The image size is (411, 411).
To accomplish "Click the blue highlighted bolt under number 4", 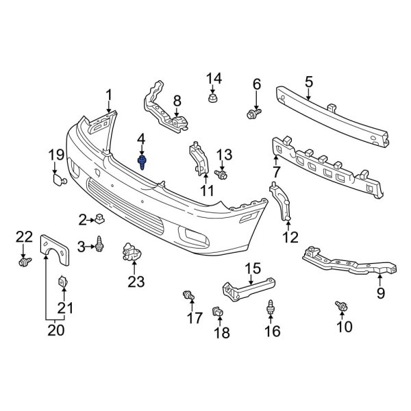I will (x=142, y=162).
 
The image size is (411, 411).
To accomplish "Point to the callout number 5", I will (x=308, y=82).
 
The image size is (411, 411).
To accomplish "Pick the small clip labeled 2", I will (x=99, y=219).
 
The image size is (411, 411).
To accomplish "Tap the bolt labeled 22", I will (x=25, y=261).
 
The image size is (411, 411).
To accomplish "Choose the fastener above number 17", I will (x=187, y=295).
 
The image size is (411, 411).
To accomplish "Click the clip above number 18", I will (x=218, y=312).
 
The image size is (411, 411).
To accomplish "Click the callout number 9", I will (x=380, y=293).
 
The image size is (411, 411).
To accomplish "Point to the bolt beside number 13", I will (x=222, y=175).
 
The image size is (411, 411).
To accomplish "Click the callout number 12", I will (x=290, y=238).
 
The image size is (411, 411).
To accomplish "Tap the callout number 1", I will (x=108, y=95).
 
